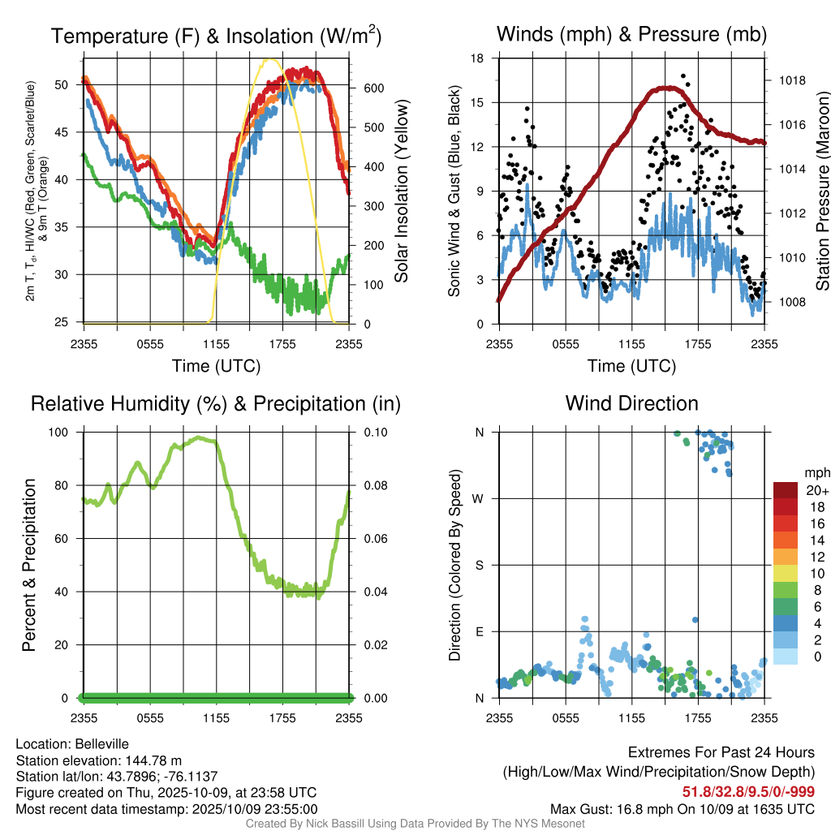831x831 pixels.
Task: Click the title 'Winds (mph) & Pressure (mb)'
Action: tap(631, 35)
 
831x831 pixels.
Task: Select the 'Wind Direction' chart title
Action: tap(631, 403)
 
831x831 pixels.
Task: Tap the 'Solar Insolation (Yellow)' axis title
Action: tap(402, 192)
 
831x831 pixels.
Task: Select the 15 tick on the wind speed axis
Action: tap(477, 102)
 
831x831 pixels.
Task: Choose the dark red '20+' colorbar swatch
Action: tap(786, 490)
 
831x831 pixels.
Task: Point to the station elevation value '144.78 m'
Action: tap(153, 760)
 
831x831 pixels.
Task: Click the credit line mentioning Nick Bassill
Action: tap(415, 824)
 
